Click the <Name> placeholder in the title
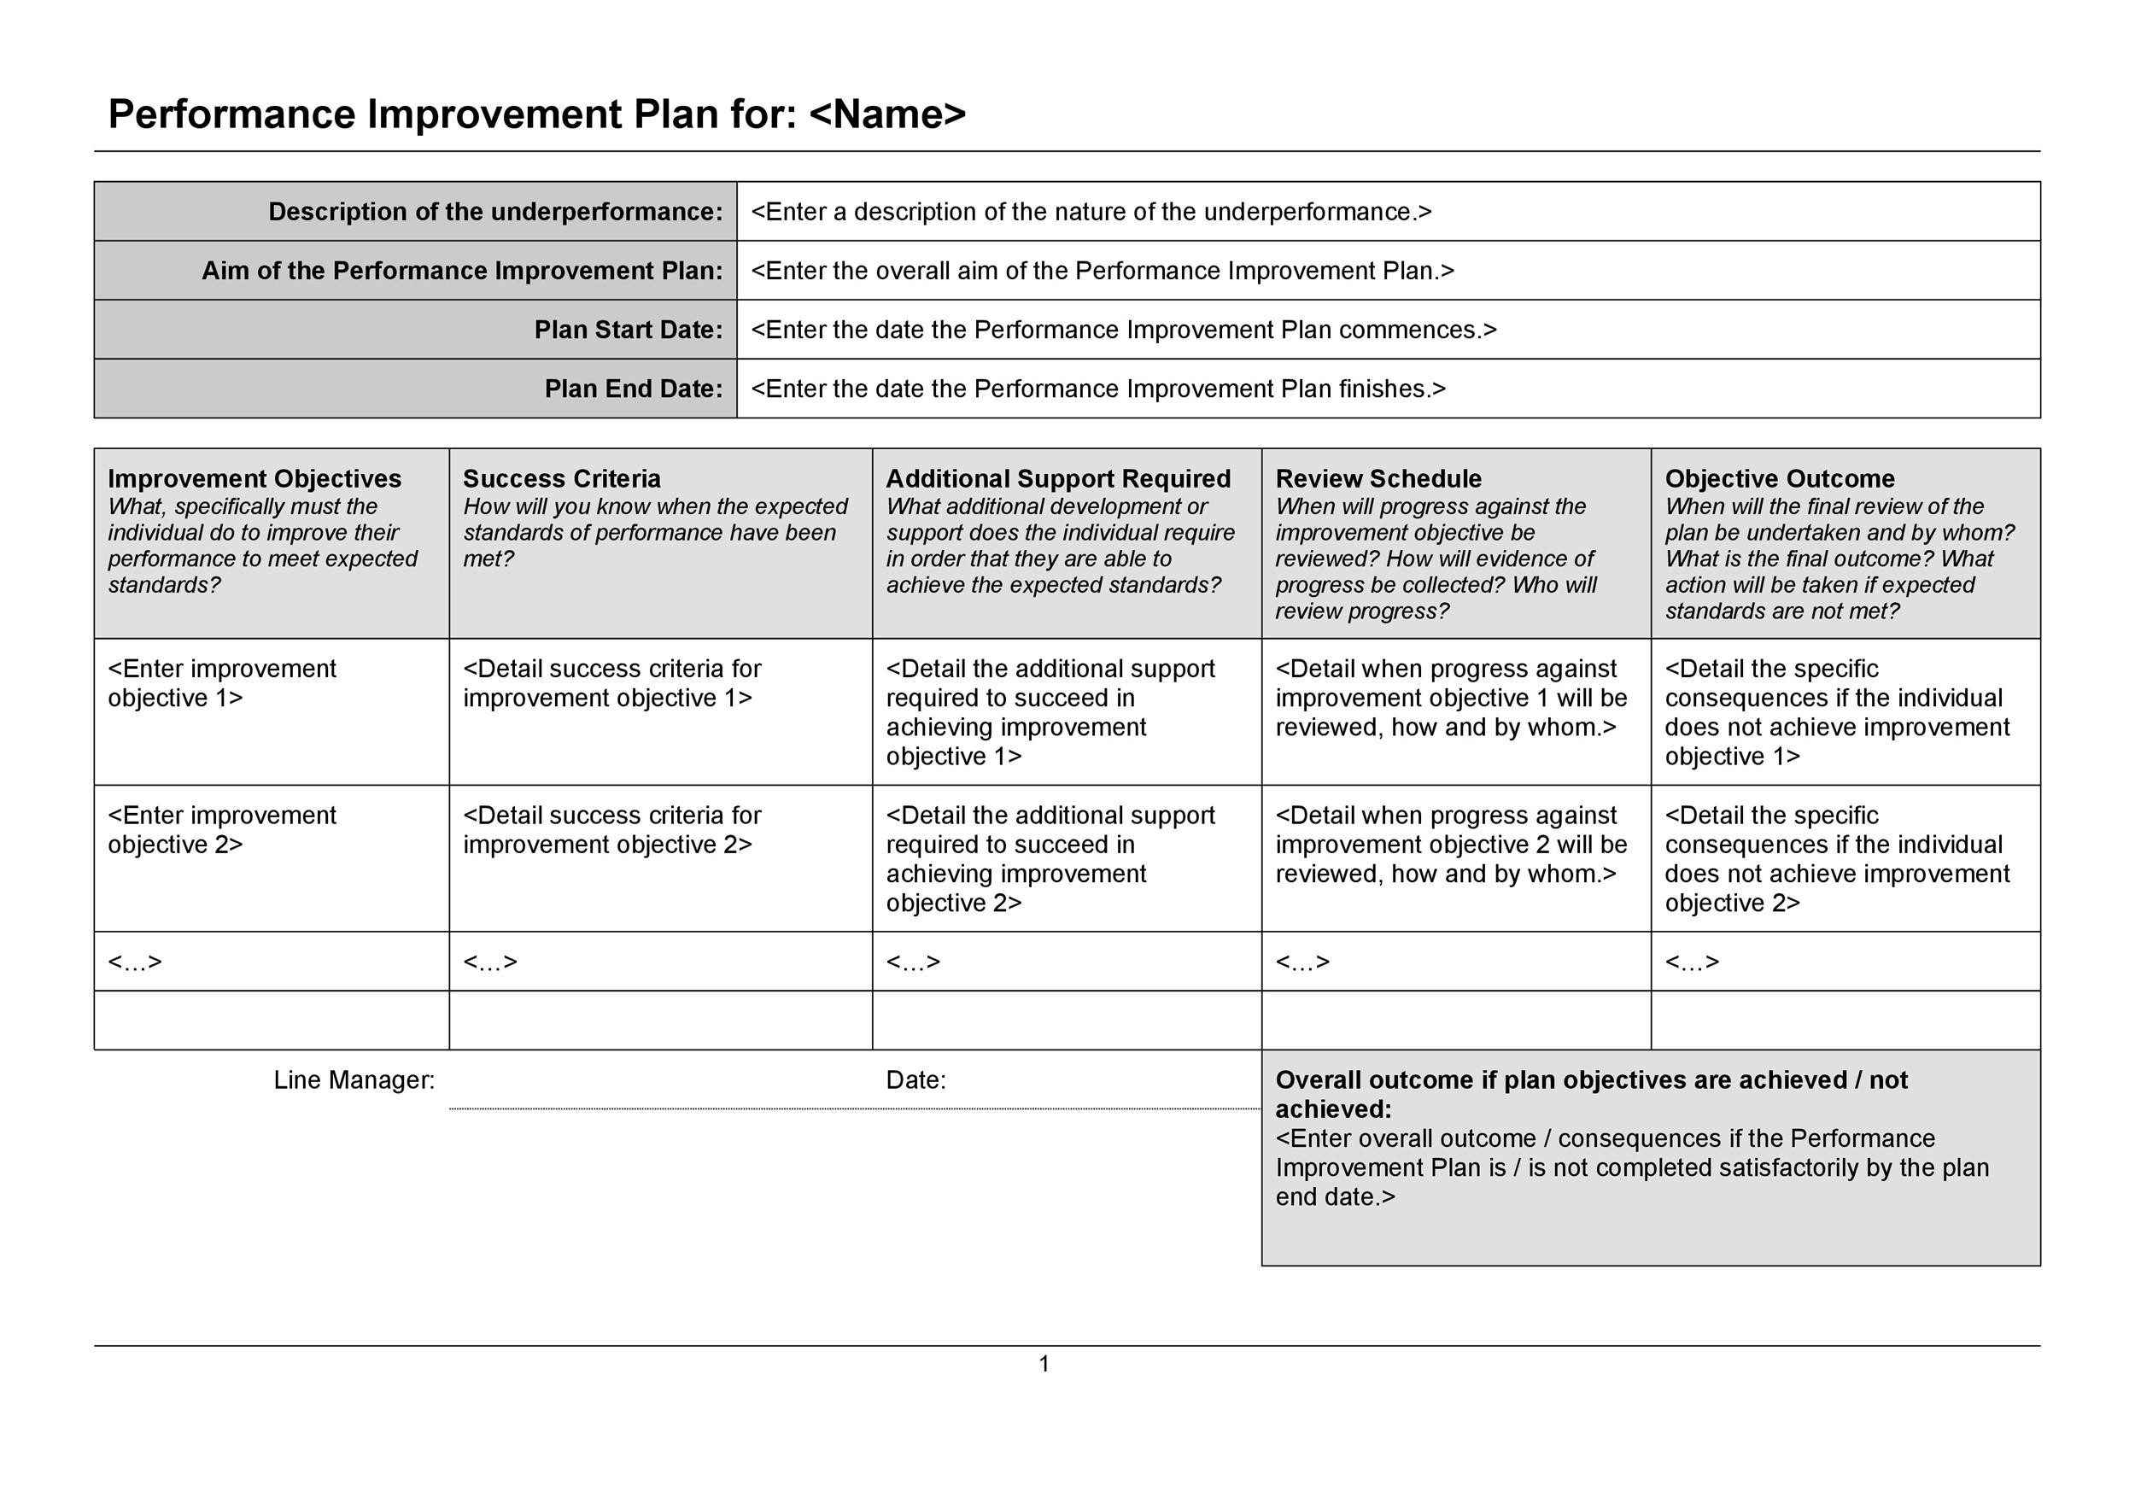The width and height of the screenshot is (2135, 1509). coord(887,114)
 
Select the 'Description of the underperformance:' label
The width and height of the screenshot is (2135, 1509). coord(494,212)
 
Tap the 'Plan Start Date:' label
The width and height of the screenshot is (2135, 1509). coord(628,330)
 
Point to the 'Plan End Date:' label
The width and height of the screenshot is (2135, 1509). coord(634,389)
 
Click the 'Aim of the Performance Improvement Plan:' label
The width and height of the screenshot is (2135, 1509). coord(462,271)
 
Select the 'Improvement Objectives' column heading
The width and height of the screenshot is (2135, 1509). coord(254,479)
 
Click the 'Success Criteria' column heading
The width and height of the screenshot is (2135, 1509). coord(562,479)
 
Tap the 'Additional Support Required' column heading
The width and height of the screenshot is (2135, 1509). coord(1057,479)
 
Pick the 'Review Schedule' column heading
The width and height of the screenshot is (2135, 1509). coord(1378,479)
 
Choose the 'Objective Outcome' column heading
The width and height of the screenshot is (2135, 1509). coord(1779,479)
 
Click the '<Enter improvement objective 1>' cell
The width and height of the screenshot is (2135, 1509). coord(221,683)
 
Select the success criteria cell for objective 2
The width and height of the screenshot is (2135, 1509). coord(611,830)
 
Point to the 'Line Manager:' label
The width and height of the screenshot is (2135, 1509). coord(354,1080)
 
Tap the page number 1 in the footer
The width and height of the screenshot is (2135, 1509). coord(1044,1364)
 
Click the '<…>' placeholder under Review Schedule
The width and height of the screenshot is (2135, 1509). coord(1301,962)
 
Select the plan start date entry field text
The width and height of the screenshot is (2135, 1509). coord(1122,330)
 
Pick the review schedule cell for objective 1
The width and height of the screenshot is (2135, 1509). coord(1450,699)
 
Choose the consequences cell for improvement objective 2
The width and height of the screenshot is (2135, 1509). coord(1835,859)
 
